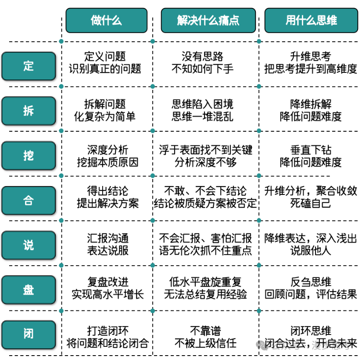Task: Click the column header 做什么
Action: [107, 20]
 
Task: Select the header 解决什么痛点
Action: [208, 20]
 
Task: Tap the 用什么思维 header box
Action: [311, 20]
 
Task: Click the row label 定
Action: [29, 66]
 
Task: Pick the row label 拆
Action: [29, 111]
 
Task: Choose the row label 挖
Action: [29, 155]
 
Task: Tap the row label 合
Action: [29, 200]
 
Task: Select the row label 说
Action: [29, 245]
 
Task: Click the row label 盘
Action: [29, 290]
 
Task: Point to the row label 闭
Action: [29, 335]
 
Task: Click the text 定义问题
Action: [105, 56]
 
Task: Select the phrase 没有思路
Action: [202, 56]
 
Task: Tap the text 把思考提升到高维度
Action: [311, 69]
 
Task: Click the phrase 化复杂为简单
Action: [104, 116]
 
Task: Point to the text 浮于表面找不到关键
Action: [205, 150]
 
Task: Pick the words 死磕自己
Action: [311, 204]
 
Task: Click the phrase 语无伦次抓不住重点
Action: [205, 251]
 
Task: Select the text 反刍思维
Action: [311, 282]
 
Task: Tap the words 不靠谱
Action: [205, 331]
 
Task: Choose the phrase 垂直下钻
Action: [311, 150]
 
